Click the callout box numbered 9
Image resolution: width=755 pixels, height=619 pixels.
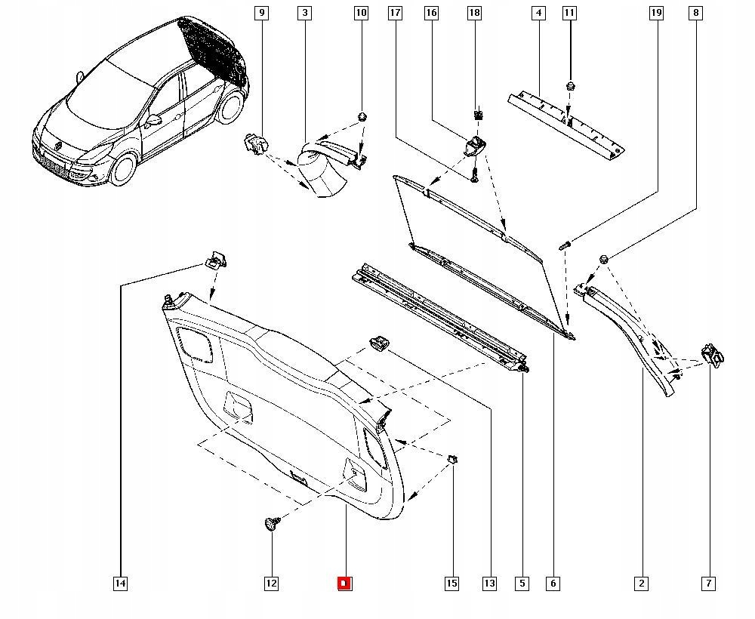point(261,13)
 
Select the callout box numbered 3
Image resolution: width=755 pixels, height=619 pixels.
point(304,13)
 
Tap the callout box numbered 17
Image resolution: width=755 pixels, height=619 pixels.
point(395,13)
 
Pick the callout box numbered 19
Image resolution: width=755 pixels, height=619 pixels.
point(656,13)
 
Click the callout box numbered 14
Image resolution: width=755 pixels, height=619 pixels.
point(120,584)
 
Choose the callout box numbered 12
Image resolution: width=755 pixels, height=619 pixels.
point(272,584)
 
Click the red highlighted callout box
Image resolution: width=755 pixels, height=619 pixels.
point(344,584)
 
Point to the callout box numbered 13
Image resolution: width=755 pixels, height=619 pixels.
point(489,584)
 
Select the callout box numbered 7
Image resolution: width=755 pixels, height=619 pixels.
point(709,584)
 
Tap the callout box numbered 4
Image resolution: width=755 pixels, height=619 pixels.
point(539,13)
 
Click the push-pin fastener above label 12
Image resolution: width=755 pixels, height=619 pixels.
point(272,523)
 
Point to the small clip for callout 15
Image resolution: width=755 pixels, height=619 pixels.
point(452,458)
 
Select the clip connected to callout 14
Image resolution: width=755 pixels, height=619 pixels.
point(216,260)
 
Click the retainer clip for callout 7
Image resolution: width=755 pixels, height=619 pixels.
point(713,356)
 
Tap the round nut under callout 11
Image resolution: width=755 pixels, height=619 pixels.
point(571,87)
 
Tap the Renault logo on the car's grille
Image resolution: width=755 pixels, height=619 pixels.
point(58,144)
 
